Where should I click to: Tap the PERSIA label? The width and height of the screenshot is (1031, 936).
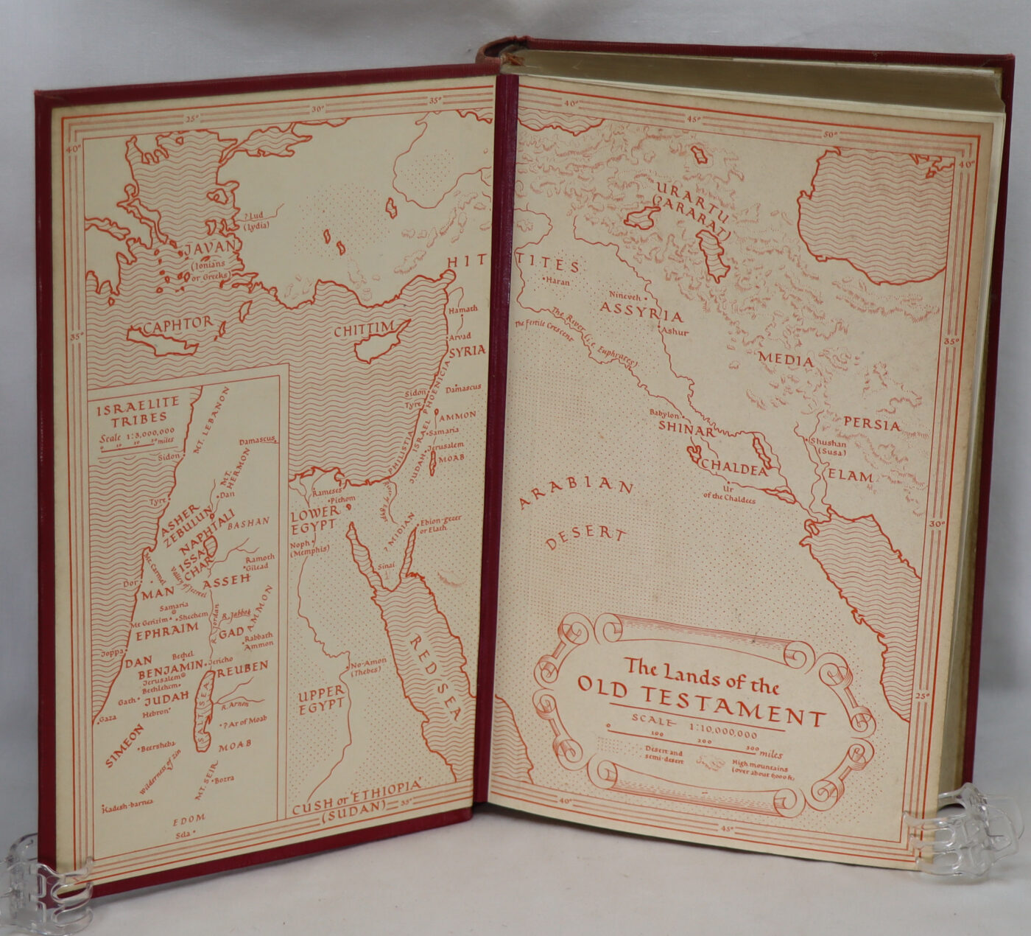[x=872, y=425]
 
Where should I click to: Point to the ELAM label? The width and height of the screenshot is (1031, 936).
[x=851, y=477]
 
